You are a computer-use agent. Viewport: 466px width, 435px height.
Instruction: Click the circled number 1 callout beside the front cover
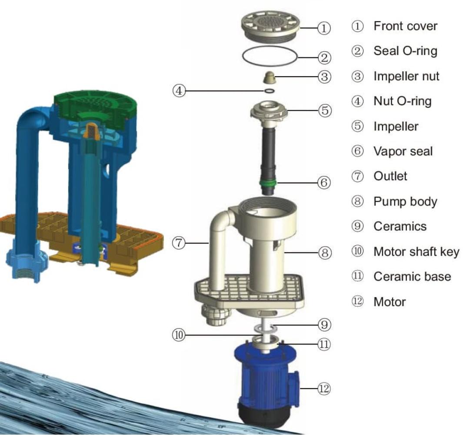click(324, 29)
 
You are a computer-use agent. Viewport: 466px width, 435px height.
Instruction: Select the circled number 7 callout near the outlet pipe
click(179, 244)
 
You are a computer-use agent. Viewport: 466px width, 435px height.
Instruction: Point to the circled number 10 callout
click(179, 335)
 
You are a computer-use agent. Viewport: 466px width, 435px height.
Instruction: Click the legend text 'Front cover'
click(405, 26)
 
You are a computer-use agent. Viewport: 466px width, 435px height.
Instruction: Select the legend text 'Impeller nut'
click(406, 77)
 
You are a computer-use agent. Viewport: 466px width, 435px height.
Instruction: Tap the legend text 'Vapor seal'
click(403, 151)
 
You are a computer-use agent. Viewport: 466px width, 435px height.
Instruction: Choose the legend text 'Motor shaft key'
click(416, 252)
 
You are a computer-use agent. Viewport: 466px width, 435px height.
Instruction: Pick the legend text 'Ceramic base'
click(412, 277)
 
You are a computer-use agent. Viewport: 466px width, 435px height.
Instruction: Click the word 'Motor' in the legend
click(389, 302)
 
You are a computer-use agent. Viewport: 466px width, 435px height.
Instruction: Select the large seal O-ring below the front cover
click(270, 57)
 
